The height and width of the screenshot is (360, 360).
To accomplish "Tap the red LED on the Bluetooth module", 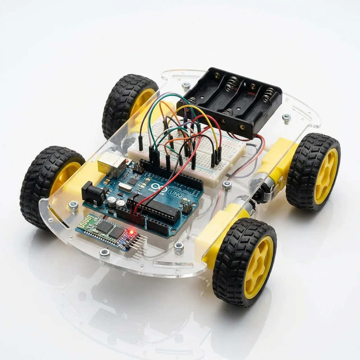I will pyautogui.click(x=131, y=232).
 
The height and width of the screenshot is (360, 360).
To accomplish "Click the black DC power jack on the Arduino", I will pyautogui.click(x=93, y=193).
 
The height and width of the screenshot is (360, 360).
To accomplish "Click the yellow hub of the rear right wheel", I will pyautogui.click(x=326, y=176).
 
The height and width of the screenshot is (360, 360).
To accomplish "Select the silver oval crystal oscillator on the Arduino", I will pyautogui.click(x=124, y=188).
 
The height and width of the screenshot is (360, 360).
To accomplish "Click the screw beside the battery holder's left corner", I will pyautogui.click(x=186, y=85).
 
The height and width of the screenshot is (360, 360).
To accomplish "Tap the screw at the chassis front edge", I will pyautogui.click(x=104, y=252).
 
